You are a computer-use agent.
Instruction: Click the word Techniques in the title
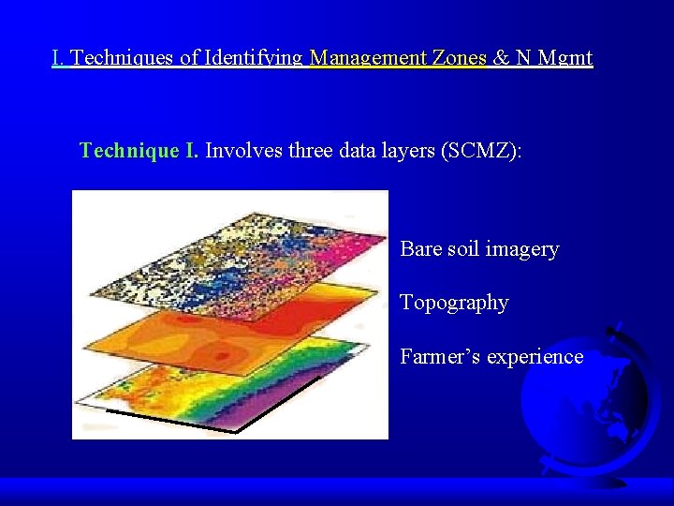point(123,58)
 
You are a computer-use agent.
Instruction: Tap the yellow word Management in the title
point(369,58)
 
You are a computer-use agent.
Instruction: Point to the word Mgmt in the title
point(564,58)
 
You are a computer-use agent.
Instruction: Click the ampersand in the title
point(501,58)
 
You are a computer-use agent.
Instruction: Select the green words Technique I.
point(139,150)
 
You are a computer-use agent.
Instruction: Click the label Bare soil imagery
point(479,249)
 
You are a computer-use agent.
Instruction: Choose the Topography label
point(454,303)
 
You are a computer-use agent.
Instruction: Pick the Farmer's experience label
point(491,356)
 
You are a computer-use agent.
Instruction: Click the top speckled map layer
point(234,248)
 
